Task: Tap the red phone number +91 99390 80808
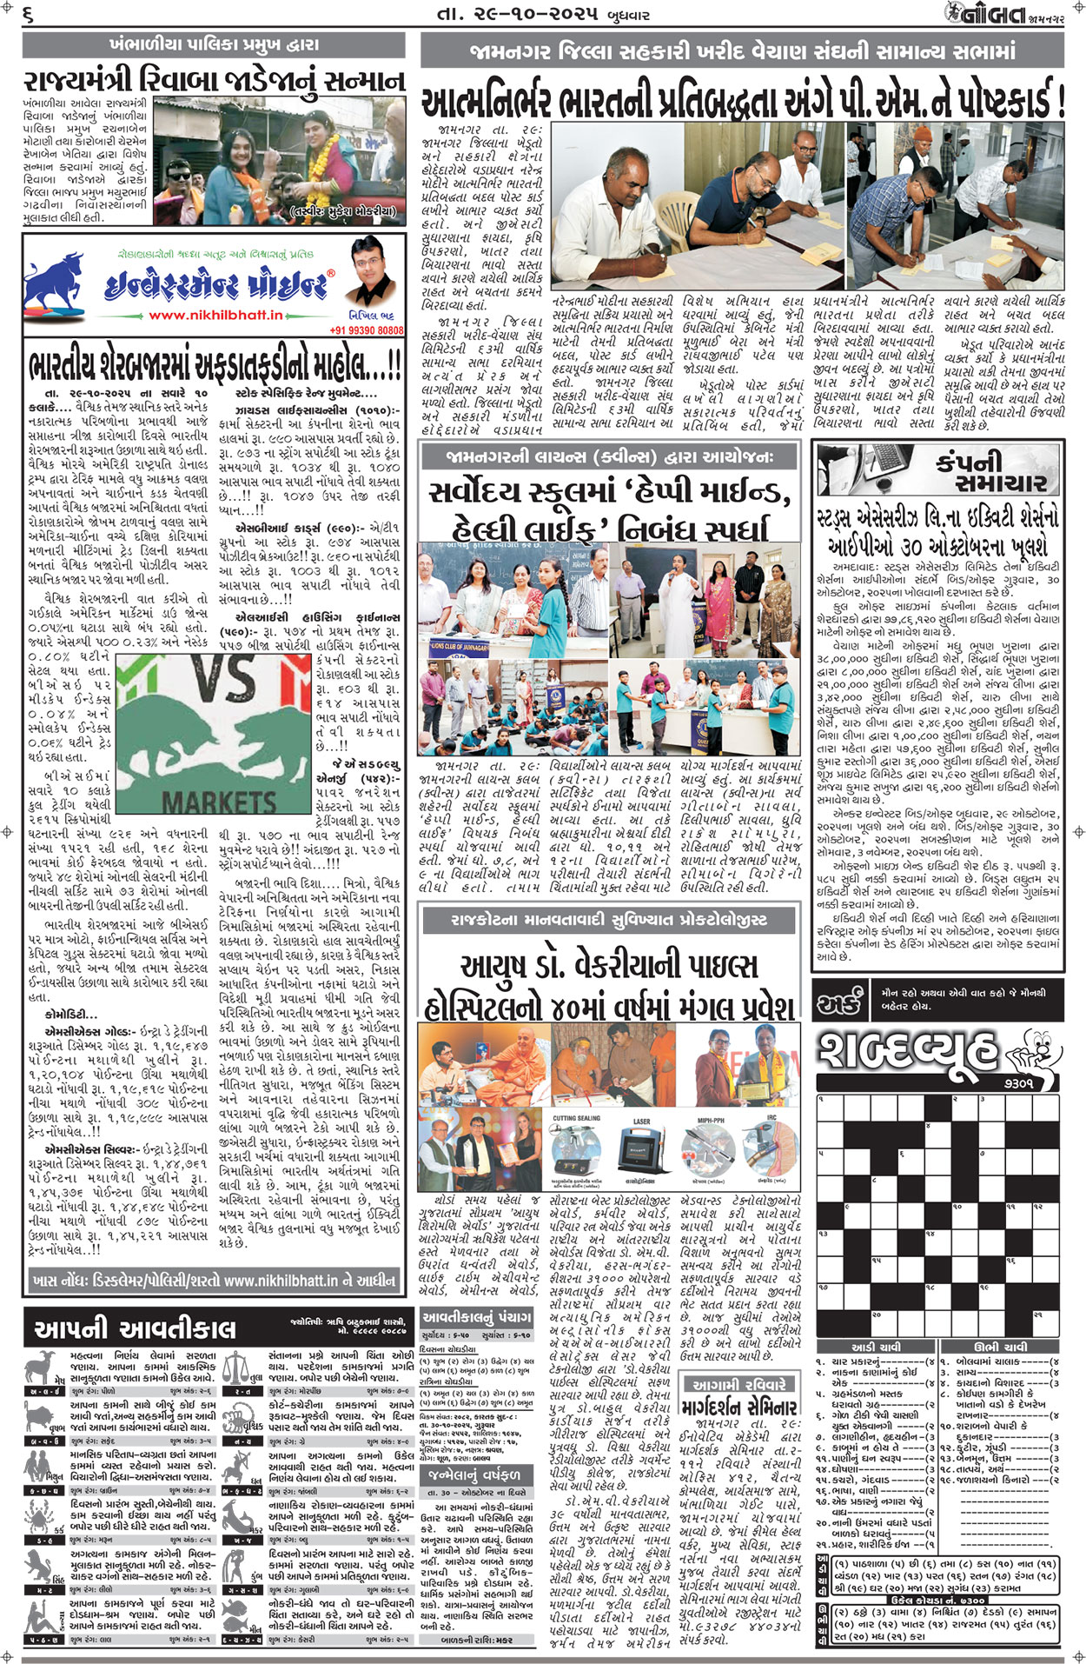367,330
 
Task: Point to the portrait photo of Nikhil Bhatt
368,283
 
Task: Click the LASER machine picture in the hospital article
642,1150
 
